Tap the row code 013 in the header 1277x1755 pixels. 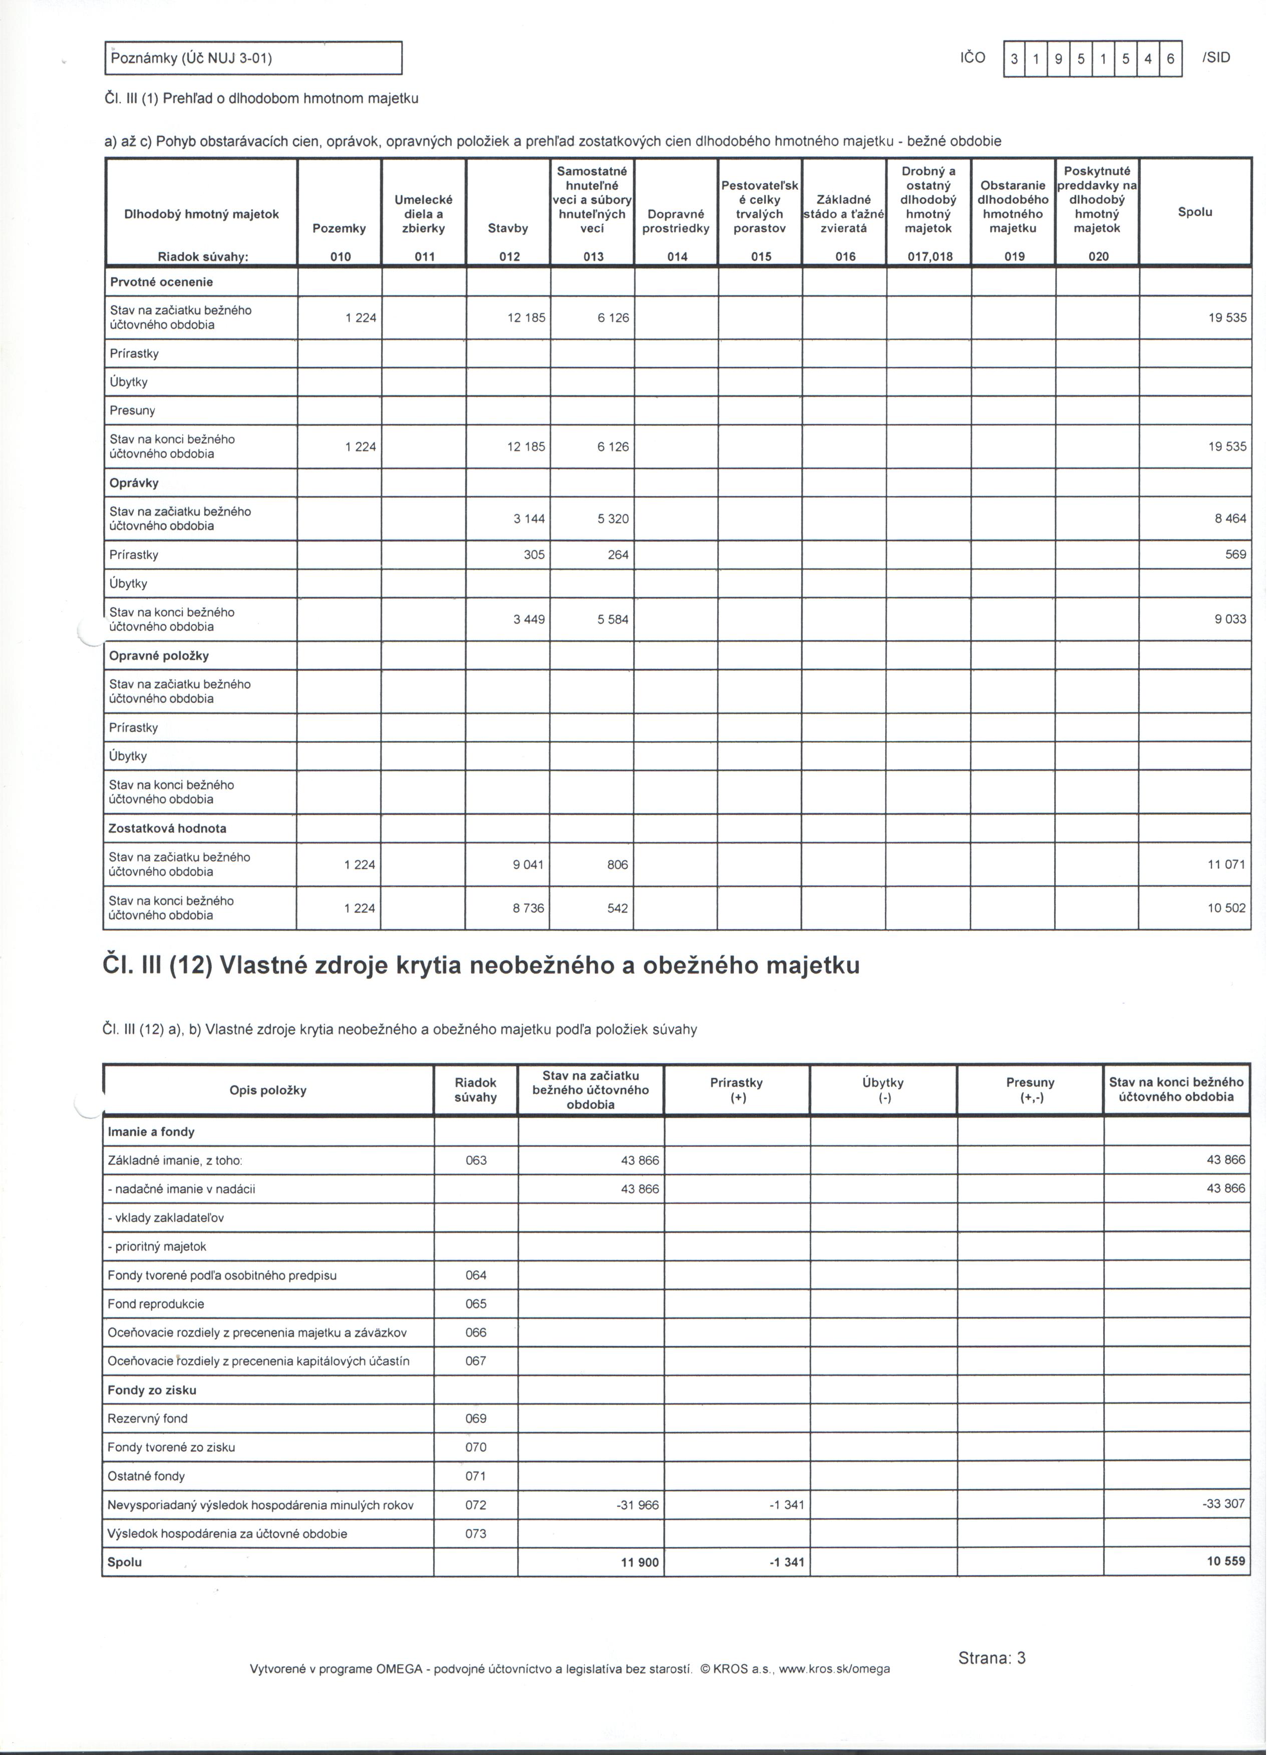click(x=593, y=256)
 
